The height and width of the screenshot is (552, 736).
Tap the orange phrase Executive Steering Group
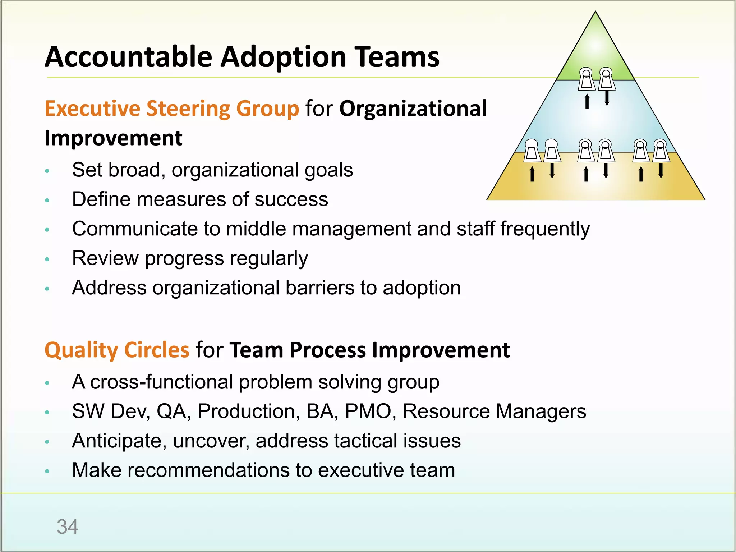coord(171,109)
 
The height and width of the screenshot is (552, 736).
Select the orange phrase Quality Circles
coord(117,350)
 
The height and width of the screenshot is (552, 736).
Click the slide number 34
coord(68,527)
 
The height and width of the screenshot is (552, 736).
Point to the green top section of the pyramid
coord(595,50)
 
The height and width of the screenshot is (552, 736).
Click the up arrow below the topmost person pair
coord(587,101)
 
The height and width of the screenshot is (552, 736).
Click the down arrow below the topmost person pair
coord(607,98)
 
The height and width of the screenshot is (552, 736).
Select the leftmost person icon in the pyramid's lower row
coord(532,150)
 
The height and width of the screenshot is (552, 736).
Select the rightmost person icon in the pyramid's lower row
coord(661,150)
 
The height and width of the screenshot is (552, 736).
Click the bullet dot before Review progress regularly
coord(47,259)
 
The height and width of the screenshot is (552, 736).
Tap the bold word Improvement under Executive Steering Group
coord(113,138)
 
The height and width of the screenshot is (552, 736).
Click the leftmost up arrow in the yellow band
coord(532,174)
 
